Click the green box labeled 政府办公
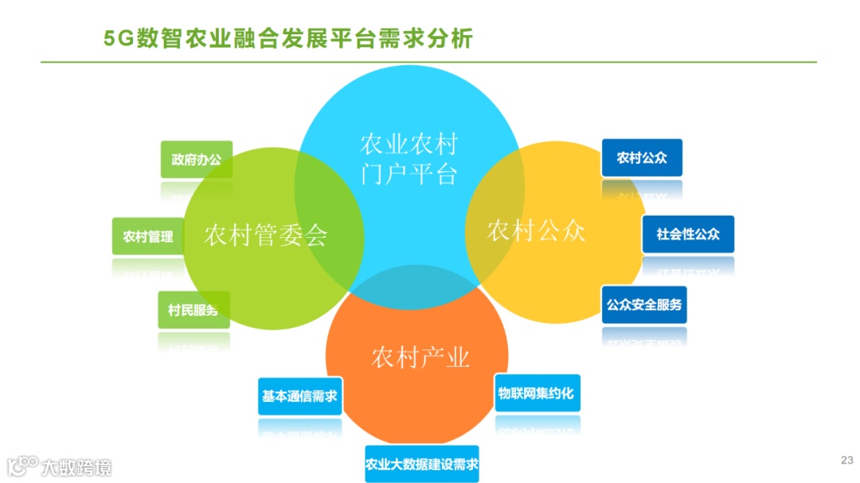point(196,160)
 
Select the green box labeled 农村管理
point(147,236)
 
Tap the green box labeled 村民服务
point(193,310)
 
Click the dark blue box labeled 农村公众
point(642,158)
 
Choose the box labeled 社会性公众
point(688,234)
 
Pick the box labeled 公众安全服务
point(644,305)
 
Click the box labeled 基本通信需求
point(300,395)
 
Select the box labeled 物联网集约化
point(537,393)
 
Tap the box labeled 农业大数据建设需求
point(422,464)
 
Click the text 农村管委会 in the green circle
point(266,236)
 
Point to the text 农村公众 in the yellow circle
point(536,231)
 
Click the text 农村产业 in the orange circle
point(420,358)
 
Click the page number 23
point(846,460)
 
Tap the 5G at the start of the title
point(119,39)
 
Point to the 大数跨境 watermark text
point(77,466)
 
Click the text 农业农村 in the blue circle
point(409,144)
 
